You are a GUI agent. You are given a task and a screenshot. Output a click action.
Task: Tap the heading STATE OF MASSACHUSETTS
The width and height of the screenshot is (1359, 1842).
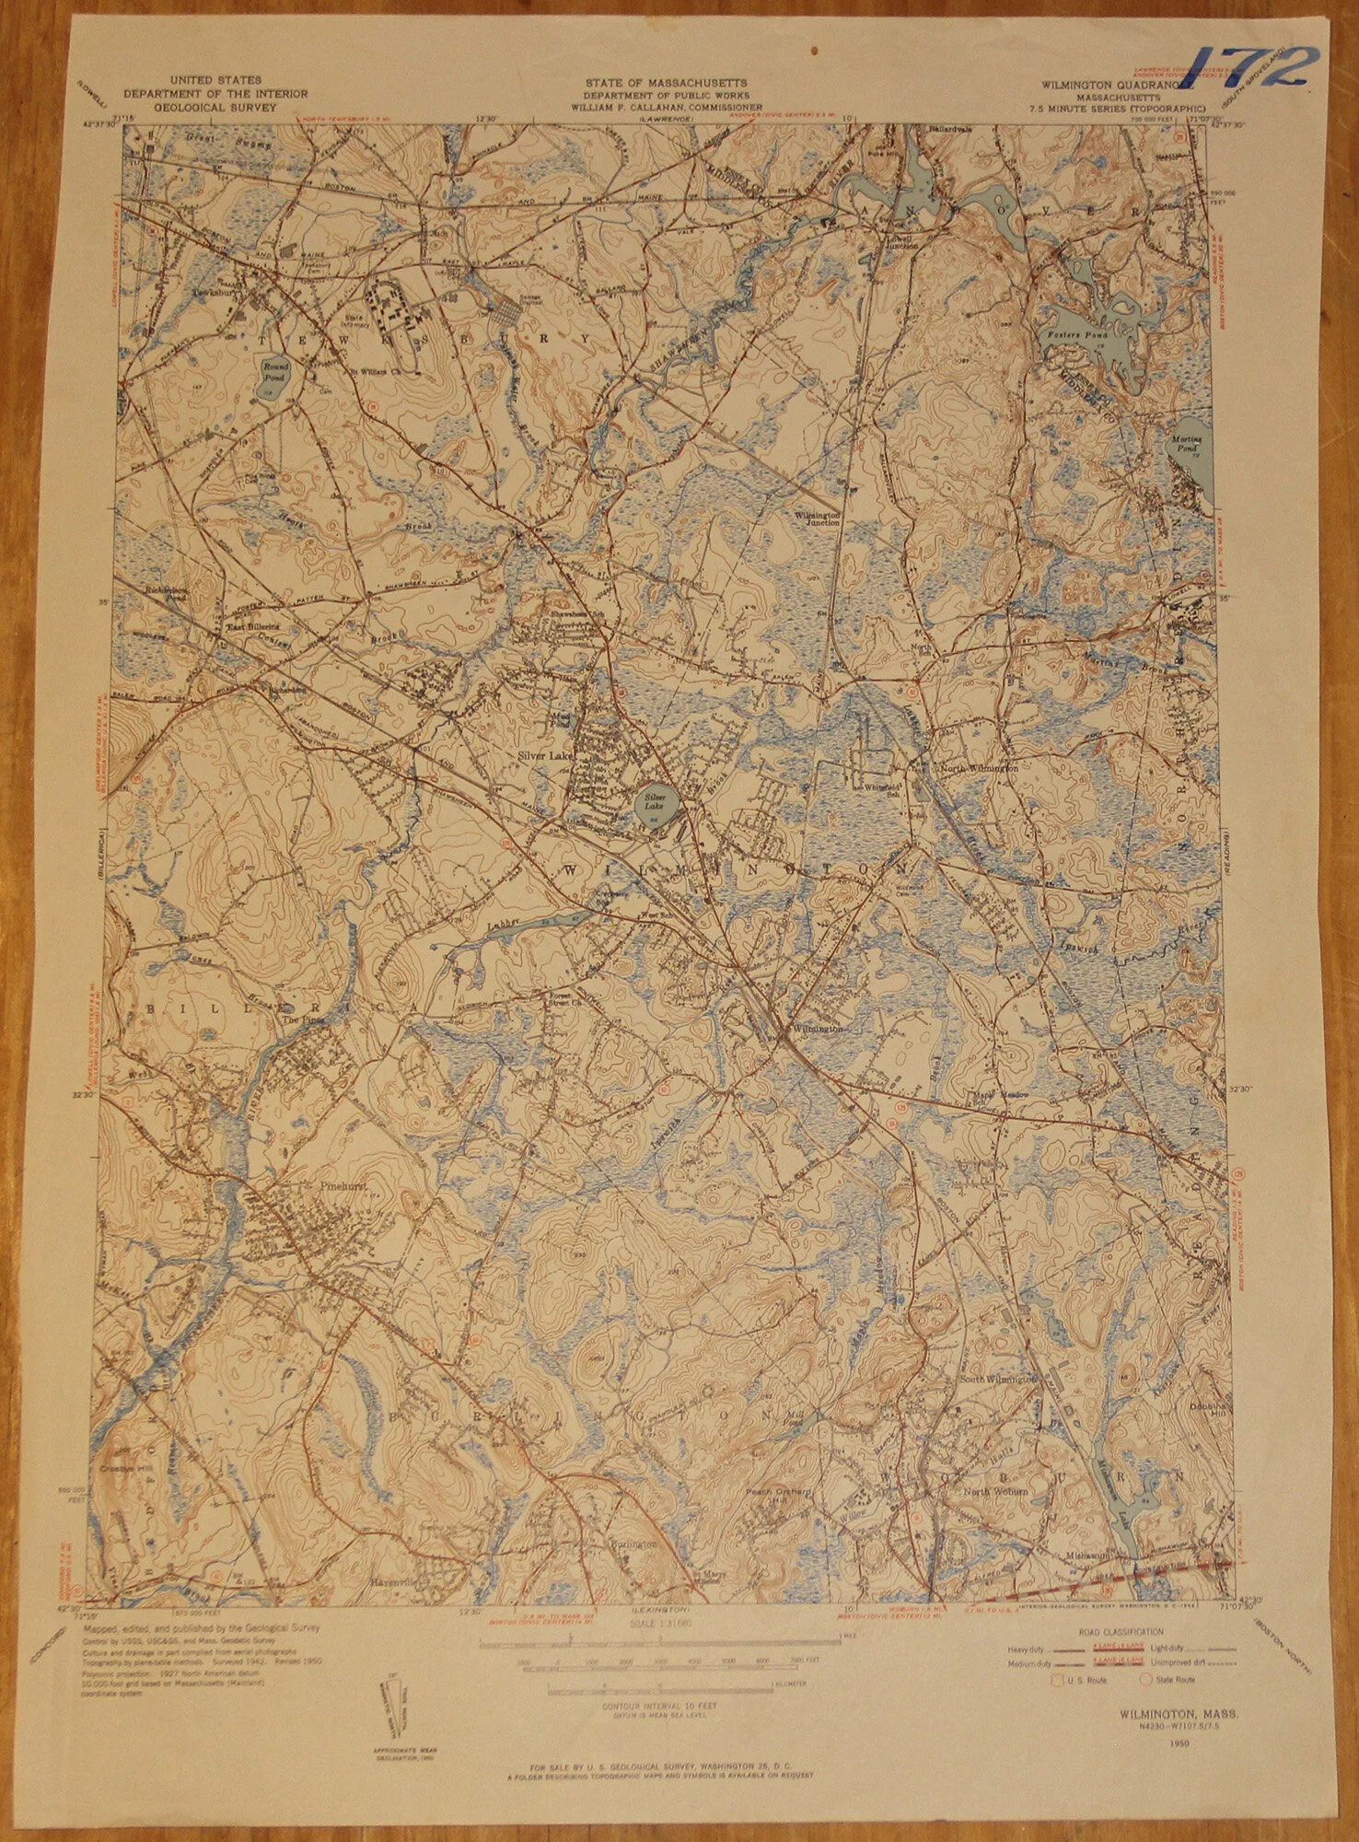665,84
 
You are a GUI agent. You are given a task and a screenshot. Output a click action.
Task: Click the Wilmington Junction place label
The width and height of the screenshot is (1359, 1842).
819,517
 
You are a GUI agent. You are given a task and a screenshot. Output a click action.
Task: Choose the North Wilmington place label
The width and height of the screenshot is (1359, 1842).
977,766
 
